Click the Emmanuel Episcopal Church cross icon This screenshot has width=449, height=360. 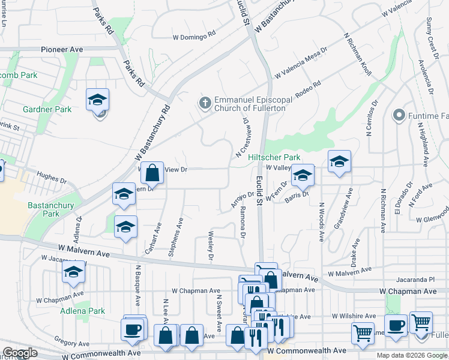pos(205,103)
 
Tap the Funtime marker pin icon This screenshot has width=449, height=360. pos(399,115)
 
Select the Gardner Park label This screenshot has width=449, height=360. pos(47,109)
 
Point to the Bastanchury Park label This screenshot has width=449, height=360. pos(43,209)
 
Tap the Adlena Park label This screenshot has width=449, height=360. pos(82,311)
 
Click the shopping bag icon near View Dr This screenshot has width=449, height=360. pos(153,172)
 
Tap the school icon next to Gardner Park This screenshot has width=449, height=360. pos(97,100)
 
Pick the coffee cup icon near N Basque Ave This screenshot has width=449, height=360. pos(131,329)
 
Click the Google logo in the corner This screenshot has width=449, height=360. pos(20,353)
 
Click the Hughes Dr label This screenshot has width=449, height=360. pos(51,178)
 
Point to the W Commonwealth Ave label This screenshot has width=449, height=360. pos(307,350)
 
